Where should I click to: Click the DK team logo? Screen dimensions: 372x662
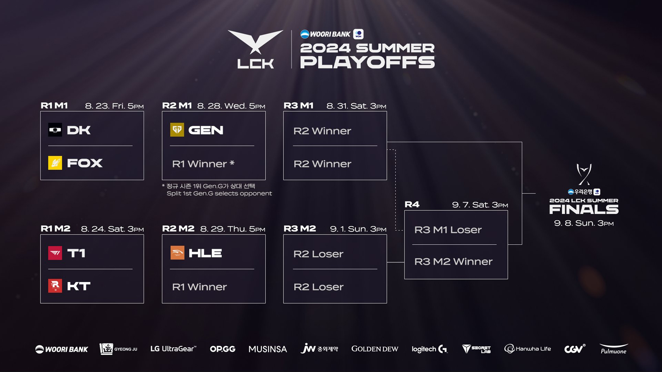pyautogui.click(x=55, y=130)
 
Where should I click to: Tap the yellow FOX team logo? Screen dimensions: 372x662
pyautogui.click(x=55, y=163)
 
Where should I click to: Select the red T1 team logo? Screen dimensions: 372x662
pyautogui.click(x=55, y=253)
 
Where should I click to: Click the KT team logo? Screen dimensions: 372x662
pyautogui.click(x=55, y=286)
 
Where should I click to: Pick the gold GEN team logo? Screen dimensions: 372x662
pyautogui.click(x=177, y=130)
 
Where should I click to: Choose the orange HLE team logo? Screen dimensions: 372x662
pyautogui.click(x=177, y=253)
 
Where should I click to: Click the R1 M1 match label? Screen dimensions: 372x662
pyautogui.click(x=54, y=106)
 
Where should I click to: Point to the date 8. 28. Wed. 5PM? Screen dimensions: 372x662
pyautogui.click(x=231, y=106)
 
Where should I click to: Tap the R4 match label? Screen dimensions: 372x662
pyautogui.click(x=412, y=205)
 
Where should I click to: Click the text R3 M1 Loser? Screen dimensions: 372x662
pyautogui.click(x=448, y=230)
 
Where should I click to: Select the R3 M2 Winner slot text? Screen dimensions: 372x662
pyautogui.click(x=453, y=262)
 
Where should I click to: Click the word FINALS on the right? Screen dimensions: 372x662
pyautogui.click(x=584, y=210)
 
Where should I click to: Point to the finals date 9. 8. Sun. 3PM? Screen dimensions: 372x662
pyautogui.click(x=584, y=223)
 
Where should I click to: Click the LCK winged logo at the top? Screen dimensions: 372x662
pyautogui.click(x=255, y=49)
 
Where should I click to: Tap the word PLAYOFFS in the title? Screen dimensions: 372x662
pyautogui.click(x=367, y=62)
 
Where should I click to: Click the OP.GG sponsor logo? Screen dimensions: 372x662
pyautogui.click(x=223, y=349)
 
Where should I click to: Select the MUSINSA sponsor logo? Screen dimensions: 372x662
pyautogui.click(x=268, y=349)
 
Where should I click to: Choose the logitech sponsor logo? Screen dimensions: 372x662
pyautogui.click(x=429, y=349)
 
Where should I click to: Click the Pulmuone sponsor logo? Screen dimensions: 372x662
pyautogui.click(x=614, y=349)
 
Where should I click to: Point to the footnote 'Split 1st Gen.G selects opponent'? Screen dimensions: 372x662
pyautogui.click(x=219, y=193)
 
